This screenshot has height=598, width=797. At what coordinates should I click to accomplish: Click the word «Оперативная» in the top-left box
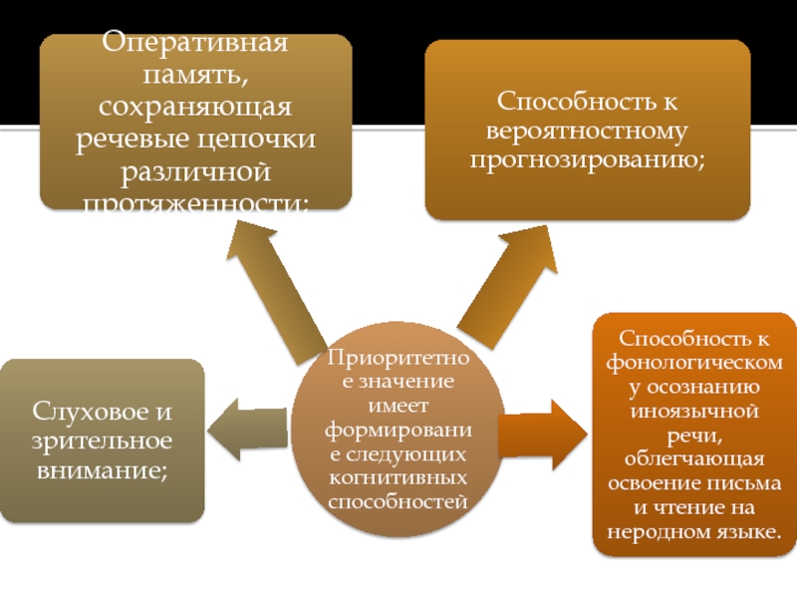[x=196, y=45]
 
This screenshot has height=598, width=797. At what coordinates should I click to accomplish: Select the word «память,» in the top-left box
[x=196, y=76]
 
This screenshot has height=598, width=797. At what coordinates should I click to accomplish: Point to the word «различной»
[x=196, y=170]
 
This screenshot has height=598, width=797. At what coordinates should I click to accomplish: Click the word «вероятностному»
[x=588, y=131]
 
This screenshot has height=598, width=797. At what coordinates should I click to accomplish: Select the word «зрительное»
[x=103, y=440]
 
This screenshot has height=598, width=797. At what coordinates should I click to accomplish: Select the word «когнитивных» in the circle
[x=398, y=478]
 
